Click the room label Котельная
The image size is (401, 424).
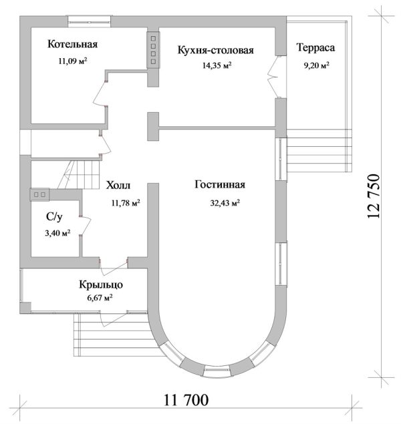click(x=73, y=45)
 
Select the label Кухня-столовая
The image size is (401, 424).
click(x=215, y=50)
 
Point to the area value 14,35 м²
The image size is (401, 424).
click(x=216, y=65)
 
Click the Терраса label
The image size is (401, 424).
click(x=315, y=48)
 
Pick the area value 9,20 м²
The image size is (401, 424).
click(x=315, y=65)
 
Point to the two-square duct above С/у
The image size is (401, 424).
click(x=39, y=194)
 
